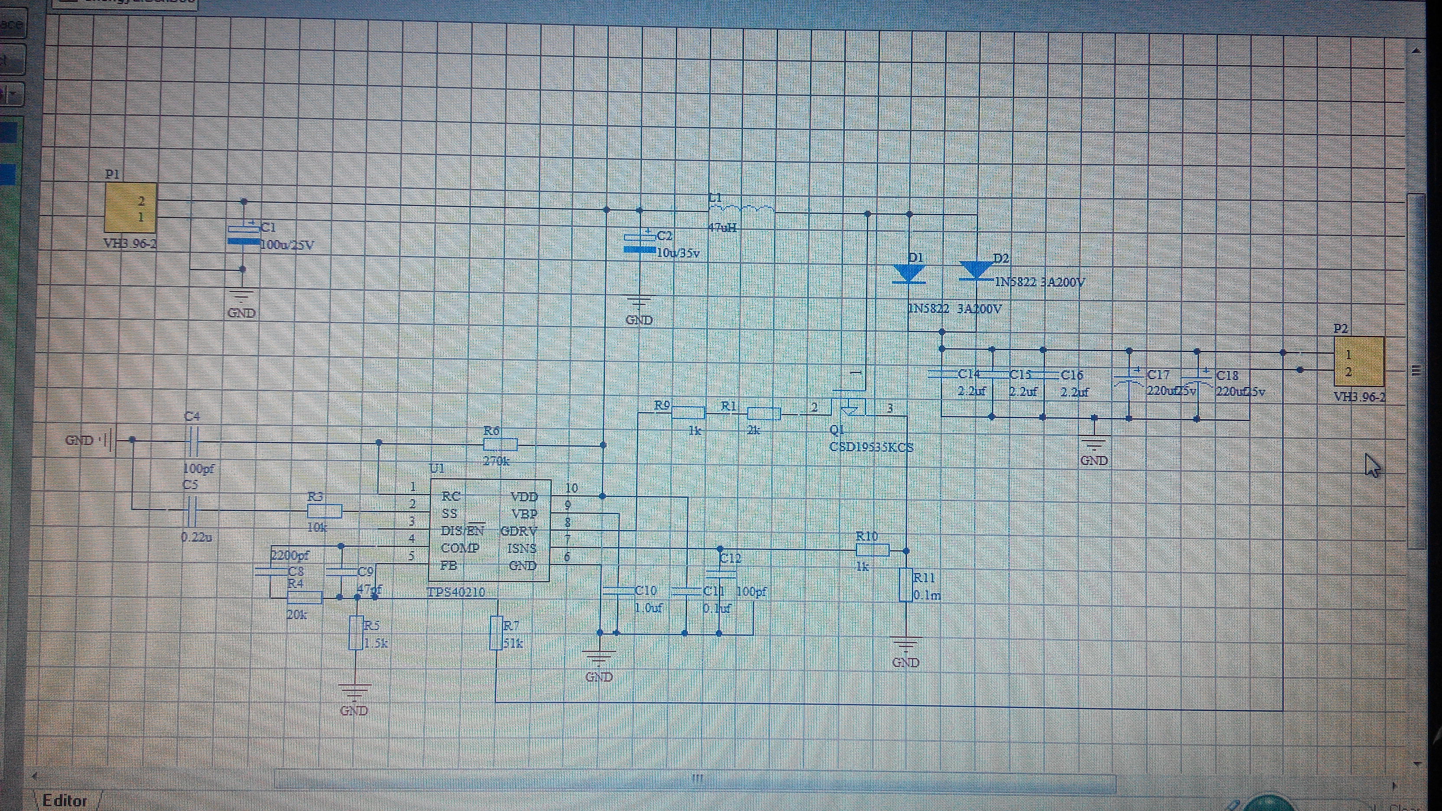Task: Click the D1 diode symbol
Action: click(908, 274)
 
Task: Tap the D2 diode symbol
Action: click(976, 271)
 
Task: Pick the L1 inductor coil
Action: click(742, 210)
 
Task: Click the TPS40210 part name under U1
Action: click(456, 592)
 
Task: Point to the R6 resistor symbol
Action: click(500, 445)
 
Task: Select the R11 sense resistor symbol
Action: click(905, 585)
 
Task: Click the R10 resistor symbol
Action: click(872, 551)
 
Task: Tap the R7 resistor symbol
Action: click(496, 633)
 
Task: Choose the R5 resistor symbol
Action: click(355, 633)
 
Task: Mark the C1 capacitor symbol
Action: click(244, 235)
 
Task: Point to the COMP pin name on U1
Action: click(460, 548)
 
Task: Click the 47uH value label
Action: click(722, 228)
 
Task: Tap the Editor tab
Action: click(65, 800)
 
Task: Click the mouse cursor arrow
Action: click(1373, 466)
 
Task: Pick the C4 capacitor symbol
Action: click(192, 442)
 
